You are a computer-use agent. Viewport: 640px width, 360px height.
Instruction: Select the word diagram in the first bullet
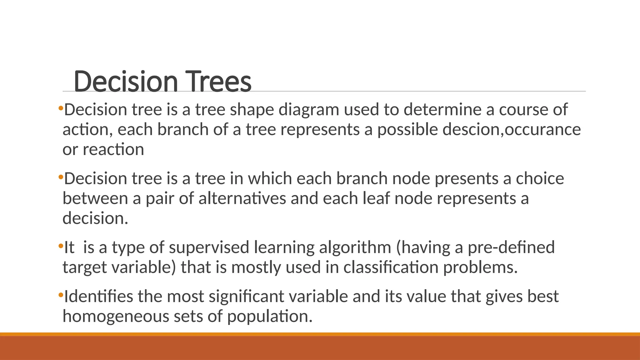[x=309, y=110]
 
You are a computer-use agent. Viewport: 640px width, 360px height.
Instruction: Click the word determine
[x=442, y=110]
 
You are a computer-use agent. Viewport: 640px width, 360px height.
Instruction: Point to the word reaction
[x=113, y=150]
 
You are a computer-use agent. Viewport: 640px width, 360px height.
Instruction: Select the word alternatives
[x=242, y=199]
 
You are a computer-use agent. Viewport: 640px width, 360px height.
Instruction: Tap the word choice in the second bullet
[x=540, y=179]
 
